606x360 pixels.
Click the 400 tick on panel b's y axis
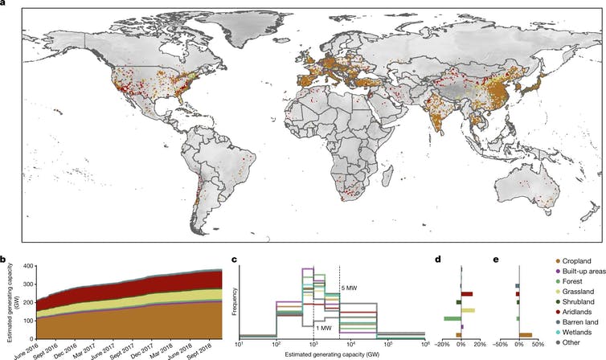click(27, 266)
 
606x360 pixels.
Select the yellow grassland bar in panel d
click(468, 310)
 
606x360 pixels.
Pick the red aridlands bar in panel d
click(466, 294)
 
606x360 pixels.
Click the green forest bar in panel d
click(452, 319)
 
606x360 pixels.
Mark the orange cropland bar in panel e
click(526, 335)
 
